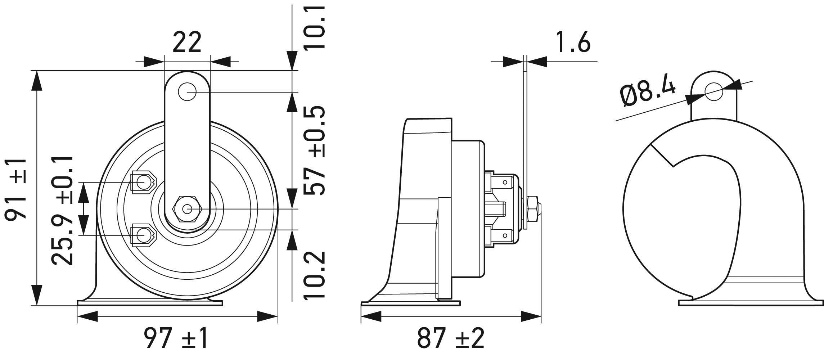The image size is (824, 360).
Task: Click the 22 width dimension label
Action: pos(186,42)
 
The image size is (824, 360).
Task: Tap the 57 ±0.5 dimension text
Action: pos(314,150)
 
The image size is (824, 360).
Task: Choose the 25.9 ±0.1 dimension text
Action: pos(62,211)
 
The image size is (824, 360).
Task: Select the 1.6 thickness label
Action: pos(573,42)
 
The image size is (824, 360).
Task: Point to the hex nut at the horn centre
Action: pos(187,209)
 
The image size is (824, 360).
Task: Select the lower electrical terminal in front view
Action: pos(143,235)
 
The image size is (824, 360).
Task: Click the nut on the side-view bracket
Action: pos(533,209)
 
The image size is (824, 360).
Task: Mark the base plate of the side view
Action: pos(410,303)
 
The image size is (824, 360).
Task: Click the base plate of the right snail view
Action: pos(751,303)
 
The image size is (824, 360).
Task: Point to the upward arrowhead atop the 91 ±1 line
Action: pos(36,81)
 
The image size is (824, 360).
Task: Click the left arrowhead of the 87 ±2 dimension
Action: pos(371,317)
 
